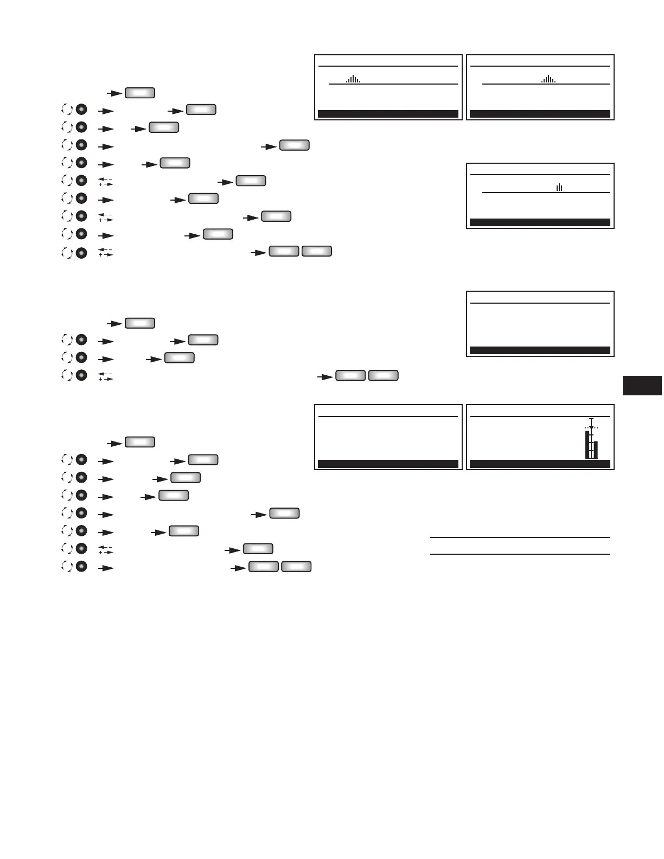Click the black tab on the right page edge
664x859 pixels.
tap(642, 386)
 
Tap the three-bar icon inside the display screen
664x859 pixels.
tap(559, 187)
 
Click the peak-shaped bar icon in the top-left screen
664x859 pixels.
tap(353, 79)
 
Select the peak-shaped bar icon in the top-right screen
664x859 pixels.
tap(548, 79)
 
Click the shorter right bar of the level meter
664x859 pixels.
tap(596, 450)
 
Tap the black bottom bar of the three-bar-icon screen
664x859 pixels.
tap(540, 222)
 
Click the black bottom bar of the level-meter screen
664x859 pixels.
tap(540, 464)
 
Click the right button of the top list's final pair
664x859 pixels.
tap(317, 251)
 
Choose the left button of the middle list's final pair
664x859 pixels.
tap(350, 375)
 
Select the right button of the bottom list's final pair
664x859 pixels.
tap(296, 567)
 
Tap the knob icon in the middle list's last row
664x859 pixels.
tap(81, 375)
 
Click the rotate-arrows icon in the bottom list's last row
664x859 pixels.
tap(67, 567)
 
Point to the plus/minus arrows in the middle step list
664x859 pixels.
tap(105, 375)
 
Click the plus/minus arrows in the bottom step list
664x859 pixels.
tap(105, 549)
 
